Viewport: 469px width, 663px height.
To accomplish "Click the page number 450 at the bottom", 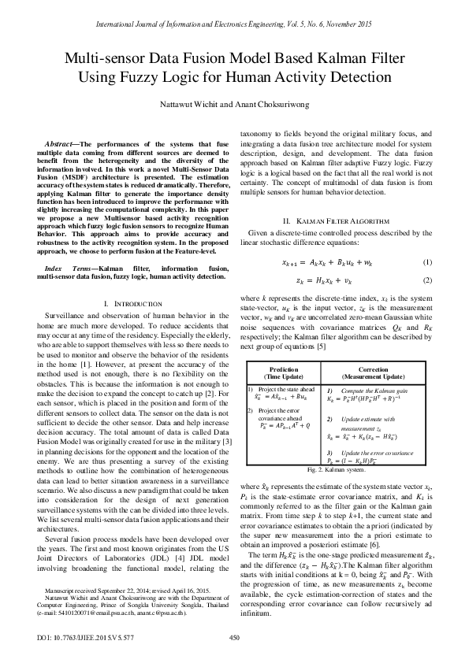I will coord(233,637).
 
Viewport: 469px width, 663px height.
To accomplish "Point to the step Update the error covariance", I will coord(378,453).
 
